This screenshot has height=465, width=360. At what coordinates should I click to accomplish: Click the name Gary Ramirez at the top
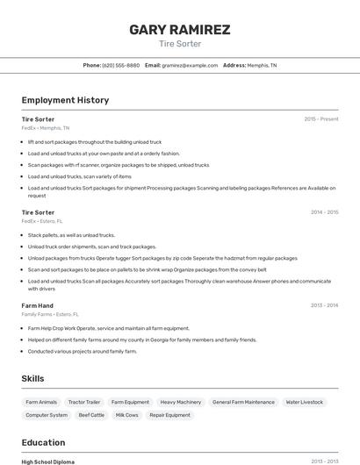[180, 30]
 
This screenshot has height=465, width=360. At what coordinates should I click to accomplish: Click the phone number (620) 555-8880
[121, 65]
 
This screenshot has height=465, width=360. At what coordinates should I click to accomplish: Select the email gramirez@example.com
[190, 65]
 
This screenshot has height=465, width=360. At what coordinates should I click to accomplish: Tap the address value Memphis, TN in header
[262, 65]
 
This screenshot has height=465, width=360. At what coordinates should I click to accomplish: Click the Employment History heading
[65, 100]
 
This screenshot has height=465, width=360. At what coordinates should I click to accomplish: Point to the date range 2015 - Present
[321, 119]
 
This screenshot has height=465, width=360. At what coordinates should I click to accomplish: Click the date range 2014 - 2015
[324, 212]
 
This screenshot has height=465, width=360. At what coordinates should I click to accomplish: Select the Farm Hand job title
[37, 305]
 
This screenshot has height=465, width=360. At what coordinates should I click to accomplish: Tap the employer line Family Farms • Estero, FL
[50, 314]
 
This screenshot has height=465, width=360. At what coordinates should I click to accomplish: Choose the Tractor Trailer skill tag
[83, 402]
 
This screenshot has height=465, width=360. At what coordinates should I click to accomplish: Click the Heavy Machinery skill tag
[181, 402]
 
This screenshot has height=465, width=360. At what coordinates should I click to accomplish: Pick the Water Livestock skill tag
[305, 402]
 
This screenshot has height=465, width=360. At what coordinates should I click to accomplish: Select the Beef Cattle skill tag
[91, 415]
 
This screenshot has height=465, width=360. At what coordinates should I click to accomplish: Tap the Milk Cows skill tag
[127, 415]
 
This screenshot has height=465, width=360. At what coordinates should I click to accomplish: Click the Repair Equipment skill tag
[170, 415]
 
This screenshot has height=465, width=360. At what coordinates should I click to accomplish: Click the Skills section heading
[33, 378]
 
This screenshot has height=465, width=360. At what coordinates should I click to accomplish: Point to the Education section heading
[43, 443]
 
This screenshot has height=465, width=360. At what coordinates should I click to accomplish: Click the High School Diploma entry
[48, 461]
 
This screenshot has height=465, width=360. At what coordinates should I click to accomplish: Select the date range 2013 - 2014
[324, 305]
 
